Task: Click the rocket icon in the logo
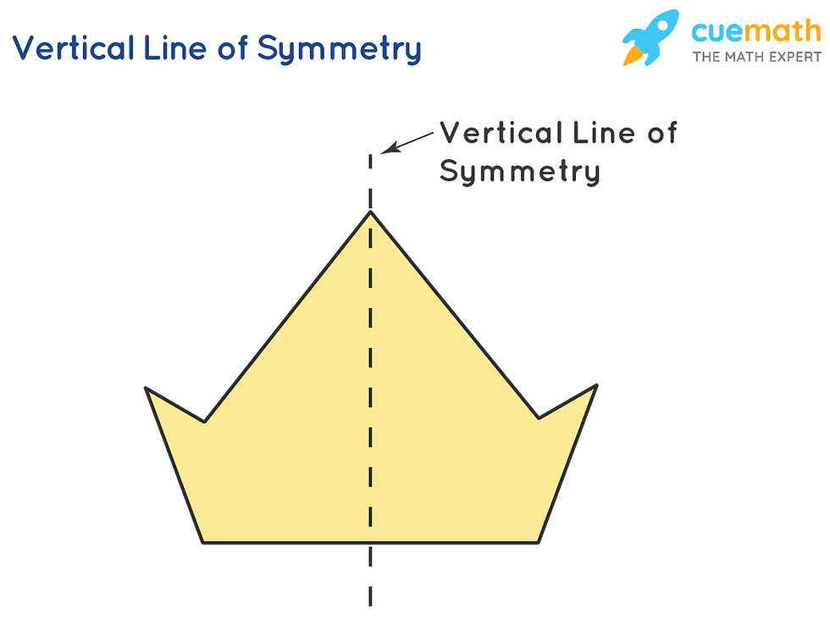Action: (x=650, y=36)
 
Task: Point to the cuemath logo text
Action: (x=755, y=32)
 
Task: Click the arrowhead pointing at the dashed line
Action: (x=386, y=151)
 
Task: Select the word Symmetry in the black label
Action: (x=520, y=173)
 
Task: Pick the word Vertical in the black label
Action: (x=502, y=133)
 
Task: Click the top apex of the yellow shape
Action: (x=370, y=211)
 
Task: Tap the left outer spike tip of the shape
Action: (x=147, y=389)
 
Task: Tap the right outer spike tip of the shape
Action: (x=596, y=386)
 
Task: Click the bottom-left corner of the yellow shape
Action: (x=202, y=542)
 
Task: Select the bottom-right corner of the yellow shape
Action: (x=539, y=542)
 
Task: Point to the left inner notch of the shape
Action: (x=204, y=421)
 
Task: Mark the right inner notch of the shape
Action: (x=538, y=417)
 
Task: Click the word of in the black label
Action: (x=659, y=133)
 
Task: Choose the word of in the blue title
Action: (x=230, y=49)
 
